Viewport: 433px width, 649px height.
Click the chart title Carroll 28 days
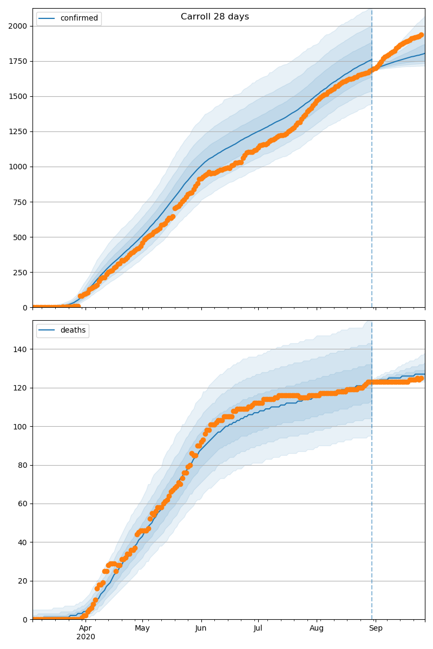pyautogui.click(x=215, y=17)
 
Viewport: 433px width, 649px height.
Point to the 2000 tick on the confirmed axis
pyautogui.click(x=19, y=26)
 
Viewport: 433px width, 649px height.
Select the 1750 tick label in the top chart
pyautogui.click(x=19, y=61)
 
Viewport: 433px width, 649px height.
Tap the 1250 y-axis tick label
pyautogui.click(x=19, y=131)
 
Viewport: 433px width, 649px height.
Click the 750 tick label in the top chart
pyautogui.click(x=22, y=202)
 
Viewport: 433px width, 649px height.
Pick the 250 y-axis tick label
pyautogui.click(x=22, y=272)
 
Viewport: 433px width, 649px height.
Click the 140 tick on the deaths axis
pyautogui.click(x=22, y=349)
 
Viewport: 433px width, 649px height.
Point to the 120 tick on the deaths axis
pyautogui.click(x=22, y=388)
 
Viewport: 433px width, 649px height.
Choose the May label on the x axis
pyautogui.click(x=142, y=628)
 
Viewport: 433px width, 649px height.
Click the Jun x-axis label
pyautogui.click(x=201, y=628)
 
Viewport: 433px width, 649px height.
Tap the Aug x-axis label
pyautogui.click(x=317, y=628)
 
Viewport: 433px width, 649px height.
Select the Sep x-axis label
pyautogui.click(x=376, y=628)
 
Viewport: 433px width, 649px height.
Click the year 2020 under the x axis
pyautogui.click(x=86, y=637)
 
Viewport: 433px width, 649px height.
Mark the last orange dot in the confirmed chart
pyautogui.click(x=421, y=35)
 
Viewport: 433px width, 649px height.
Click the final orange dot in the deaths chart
pyautogui.click(x=421, y=379)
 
